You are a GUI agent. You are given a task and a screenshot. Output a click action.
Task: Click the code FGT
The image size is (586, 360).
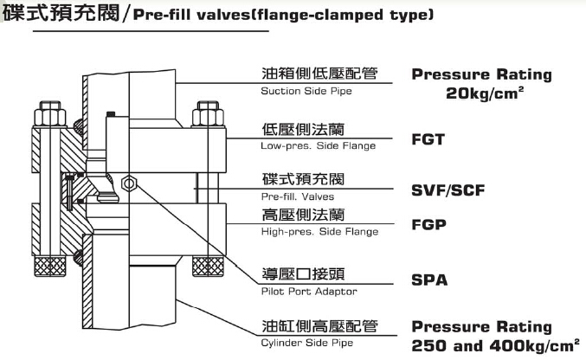click(428, 138)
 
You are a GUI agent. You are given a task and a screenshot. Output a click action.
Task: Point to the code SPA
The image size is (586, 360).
click(428, 280)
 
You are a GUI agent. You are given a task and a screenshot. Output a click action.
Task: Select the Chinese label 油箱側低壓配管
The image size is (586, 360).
click(319, 74)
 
